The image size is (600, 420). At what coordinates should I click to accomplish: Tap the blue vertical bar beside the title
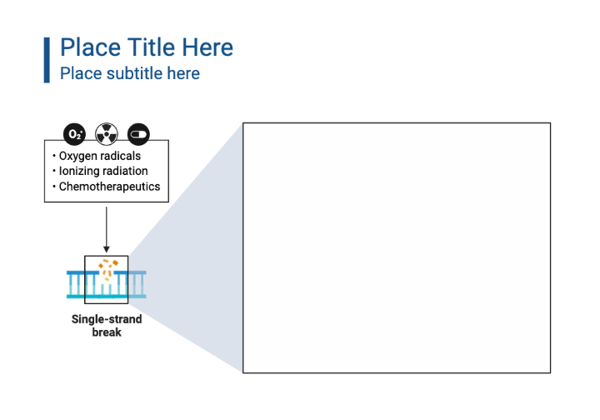(47, 59)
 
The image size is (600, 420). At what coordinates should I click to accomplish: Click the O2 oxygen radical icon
(75, 133)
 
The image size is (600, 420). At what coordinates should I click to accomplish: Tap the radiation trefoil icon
(106, 133)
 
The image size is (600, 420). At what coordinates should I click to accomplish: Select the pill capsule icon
(137, 133)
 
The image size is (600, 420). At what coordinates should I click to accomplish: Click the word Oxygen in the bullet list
(77, 156)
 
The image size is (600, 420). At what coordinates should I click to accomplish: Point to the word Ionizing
(79, 171)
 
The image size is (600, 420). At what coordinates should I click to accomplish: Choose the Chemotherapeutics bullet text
(109, 187)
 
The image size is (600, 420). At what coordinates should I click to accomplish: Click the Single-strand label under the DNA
(107, 319)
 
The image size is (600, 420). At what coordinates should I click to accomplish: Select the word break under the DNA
(107, 332)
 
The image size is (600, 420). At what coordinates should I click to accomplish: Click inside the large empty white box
(397, 247)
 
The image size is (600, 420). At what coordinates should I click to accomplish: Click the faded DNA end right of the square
(137, 284)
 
